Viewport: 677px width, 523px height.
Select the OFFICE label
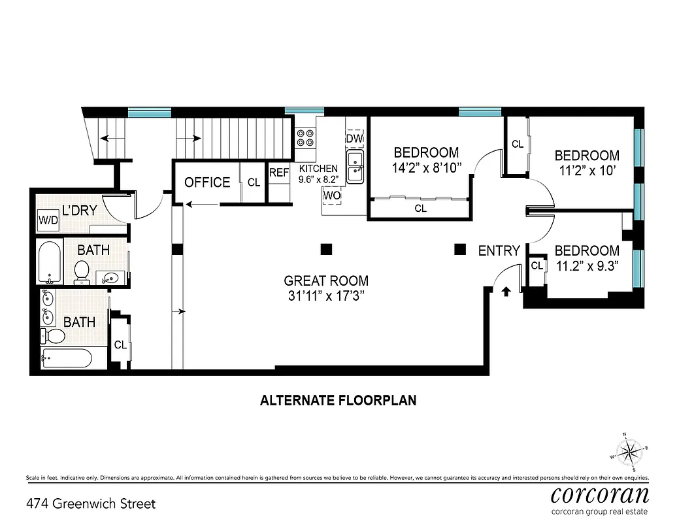[207, 182]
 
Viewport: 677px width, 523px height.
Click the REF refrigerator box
[279, 173]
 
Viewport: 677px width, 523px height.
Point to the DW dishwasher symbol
[354, 139]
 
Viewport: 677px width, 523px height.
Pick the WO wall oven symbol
[331, 195]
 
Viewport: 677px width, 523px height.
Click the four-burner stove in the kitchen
[305, 137]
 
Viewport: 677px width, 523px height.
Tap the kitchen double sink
[355, 166]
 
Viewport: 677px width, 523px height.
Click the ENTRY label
[499, 251]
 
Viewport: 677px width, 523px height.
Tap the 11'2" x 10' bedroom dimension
[587, 171]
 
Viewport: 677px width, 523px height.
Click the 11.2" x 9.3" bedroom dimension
[587, 265]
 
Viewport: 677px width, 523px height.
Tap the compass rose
[629, 450]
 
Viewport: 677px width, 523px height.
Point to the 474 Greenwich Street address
[91, 504]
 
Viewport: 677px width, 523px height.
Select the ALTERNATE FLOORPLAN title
[338, 400]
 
